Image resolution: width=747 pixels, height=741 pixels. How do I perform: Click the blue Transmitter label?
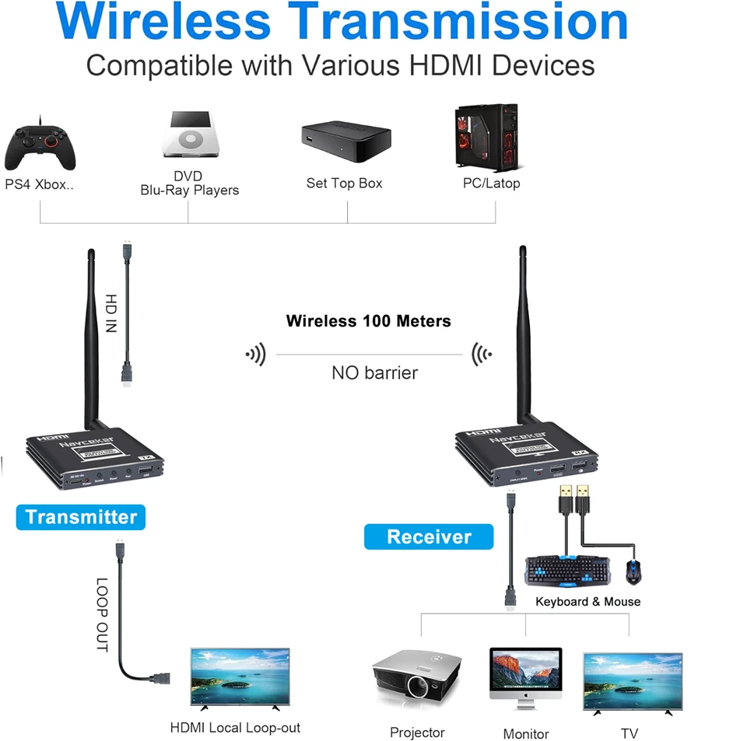coord(81,517)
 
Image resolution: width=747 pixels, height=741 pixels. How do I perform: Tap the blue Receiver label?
coord(429,537)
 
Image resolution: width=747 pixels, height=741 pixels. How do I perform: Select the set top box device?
coord(345,142)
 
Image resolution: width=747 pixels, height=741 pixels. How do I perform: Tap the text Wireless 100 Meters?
coord(368,320)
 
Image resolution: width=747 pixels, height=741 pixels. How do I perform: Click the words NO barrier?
coord(374,372)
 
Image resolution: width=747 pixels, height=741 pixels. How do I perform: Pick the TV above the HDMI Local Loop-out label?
coord(240,678)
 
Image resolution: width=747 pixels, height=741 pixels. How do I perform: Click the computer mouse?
coord(633,572)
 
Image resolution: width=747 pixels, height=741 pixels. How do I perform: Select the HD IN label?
coord(110,313)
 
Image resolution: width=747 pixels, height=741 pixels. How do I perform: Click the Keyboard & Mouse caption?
coord(587,601)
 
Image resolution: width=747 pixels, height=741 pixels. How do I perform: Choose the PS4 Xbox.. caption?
coord(40,184)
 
